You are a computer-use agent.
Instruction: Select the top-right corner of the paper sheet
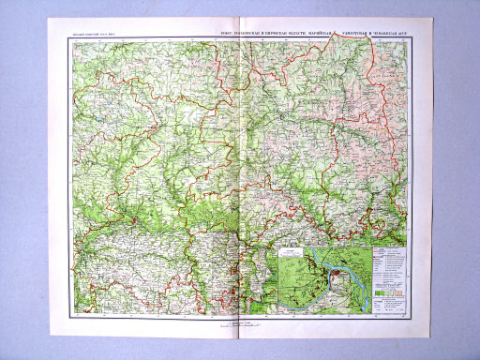(432, 22)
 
